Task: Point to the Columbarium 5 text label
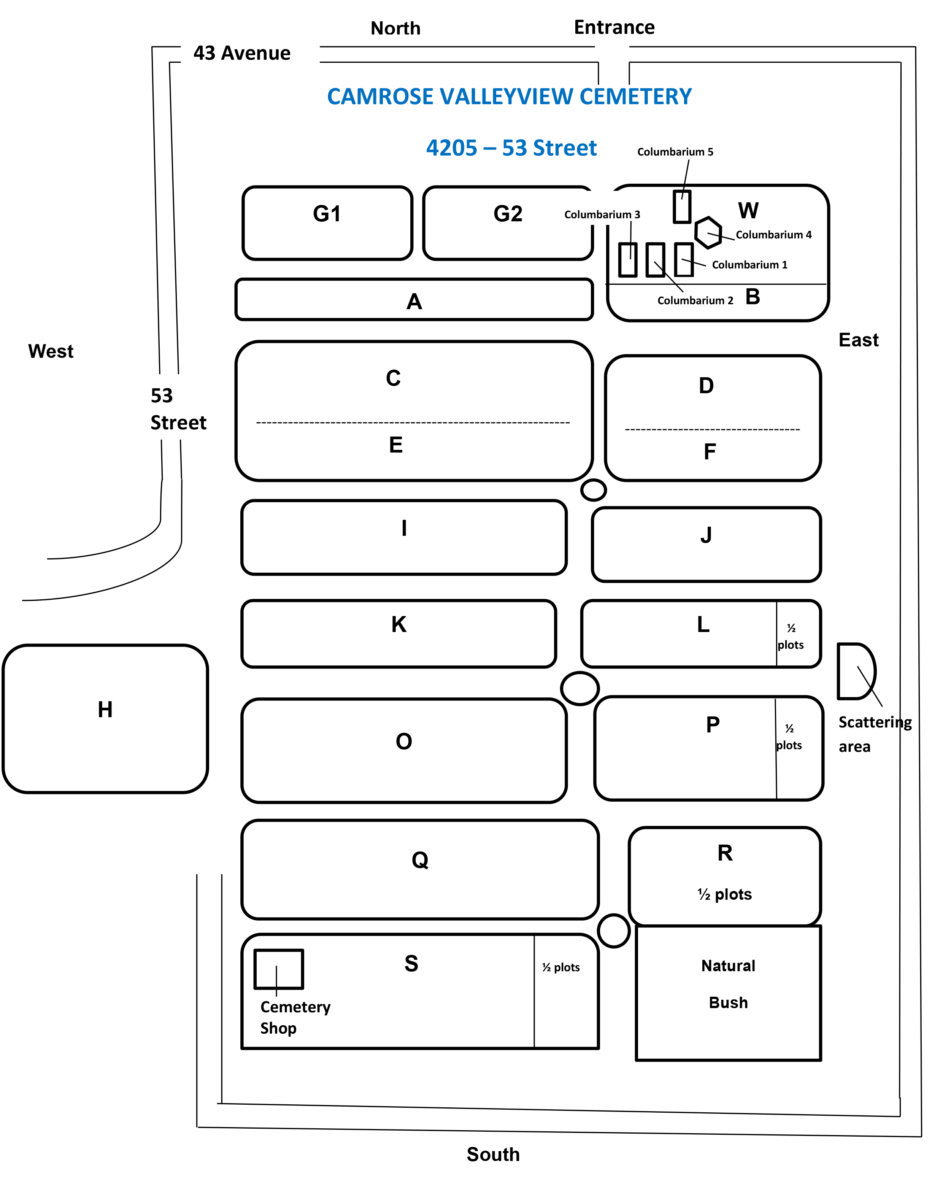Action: coord(675,152)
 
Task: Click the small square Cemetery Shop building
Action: coord(279,969)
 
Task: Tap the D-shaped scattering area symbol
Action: coord(855,671)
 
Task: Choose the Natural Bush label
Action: coord(728,983)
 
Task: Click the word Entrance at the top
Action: coord(614,27)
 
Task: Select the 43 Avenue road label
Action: coord(242,53)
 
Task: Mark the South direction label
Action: coord(493,1154)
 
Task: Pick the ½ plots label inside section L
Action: coord(791,637)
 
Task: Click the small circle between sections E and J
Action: coord(593,490)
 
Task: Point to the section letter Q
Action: coord(420,860)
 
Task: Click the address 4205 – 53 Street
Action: coord(511,148)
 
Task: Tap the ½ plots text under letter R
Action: coord(725,894)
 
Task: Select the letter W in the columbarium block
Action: coord(748,211)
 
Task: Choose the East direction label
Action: coord(858,340)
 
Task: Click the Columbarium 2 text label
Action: coord(695,300)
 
